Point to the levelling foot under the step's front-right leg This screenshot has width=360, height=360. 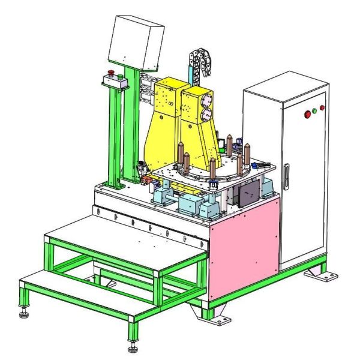(x=133, y=347)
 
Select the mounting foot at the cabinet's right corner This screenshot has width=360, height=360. (x=321, y=275)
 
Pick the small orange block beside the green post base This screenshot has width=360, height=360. (x=144, y=179)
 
